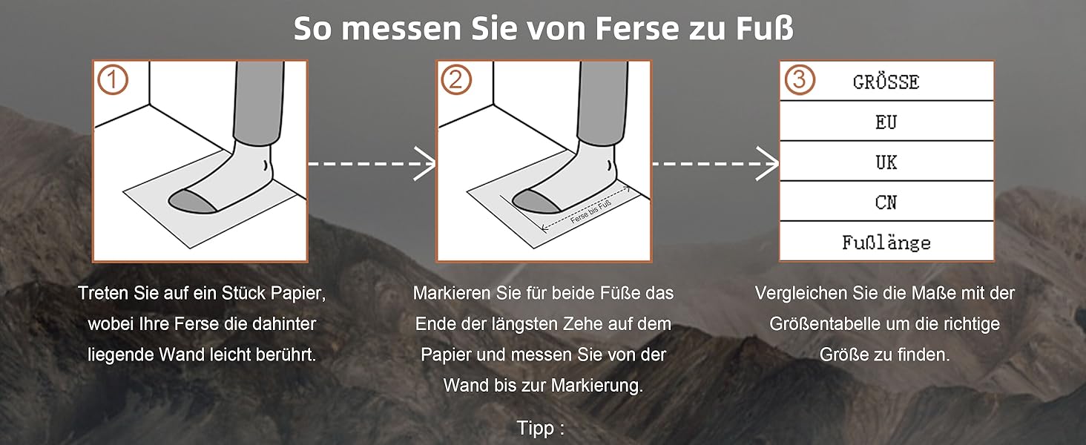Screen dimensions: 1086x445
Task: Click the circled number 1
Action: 113,79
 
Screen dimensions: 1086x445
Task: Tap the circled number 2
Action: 455,79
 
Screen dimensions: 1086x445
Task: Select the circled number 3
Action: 800,79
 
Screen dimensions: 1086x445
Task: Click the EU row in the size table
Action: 886,121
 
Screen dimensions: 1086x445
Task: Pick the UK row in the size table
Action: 886,162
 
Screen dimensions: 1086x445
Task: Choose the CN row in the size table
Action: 886,202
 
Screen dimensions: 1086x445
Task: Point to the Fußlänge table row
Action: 886,241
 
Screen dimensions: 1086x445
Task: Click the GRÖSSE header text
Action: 886,82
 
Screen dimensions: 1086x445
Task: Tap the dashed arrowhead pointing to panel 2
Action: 425,164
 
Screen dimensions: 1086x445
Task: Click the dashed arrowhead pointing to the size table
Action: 768,164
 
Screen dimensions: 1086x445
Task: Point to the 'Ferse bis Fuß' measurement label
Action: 590,212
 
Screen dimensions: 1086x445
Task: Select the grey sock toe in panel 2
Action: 536,201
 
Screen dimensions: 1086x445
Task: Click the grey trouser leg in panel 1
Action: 258,102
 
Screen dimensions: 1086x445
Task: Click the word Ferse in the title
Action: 637,28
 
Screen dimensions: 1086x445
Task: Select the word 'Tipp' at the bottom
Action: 536,428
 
